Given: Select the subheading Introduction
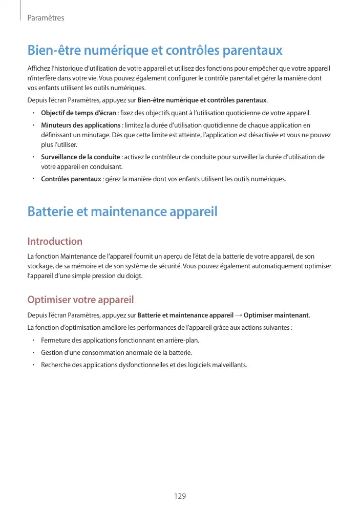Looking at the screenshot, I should coord(55,241).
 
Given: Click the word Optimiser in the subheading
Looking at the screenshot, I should coord(49,300).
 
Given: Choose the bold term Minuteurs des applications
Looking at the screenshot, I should coord(80,125).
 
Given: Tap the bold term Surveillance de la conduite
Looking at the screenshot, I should coord(80,157).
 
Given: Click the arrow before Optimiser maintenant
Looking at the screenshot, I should coord(239,314).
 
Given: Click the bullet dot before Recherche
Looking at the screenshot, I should coord(32,365).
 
